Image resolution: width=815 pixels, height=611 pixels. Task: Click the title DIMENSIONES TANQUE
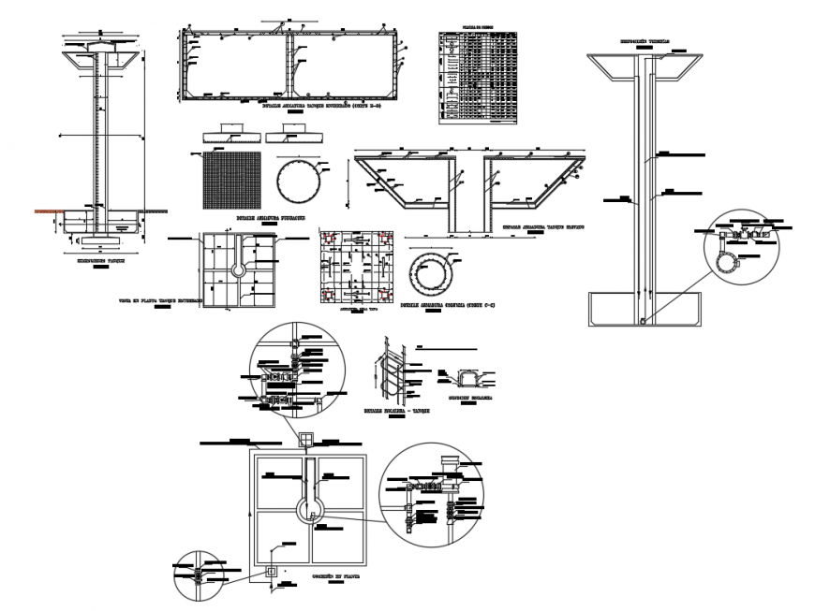tap(98, 260)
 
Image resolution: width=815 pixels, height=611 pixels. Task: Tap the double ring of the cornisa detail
tap(435, 274)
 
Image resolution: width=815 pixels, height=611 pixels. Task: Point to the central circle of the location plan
tap(310, 509)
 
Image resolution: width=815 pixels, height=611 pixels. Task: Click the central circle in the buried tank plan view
tap(239, 269)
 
